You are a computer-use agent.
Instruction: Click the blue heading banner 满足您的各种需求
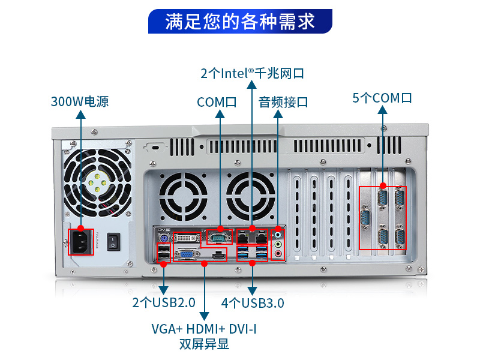240,21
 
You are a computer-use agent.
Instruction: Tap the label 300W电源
80,101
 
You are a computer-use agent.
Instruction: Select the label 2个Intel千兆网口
252,73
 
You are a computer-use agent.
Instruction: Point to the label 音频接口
283,102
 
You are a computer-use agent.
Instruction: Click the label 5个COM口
382,98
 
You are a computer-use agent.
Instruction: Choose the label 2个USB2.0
164,302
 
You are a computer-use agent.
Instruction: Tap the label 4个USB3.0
253,303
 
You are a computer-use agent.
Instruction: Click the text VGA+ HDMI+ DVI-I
204,329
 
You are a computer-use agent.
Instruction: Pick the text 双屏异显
204,344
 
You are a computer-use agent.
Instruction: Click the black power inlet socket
80,242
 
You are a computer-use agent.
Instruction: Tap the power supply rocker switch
113,242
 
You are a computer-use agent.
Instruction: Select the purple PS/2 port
163,238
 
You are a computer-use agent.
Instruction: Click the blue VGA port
187,254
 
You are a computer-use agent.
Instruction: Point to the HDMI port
218,255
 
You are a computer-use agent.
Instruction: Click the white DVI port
187,238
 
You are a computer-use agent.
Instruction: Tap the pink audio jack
278,253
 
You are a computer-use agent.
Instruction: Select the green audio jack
278,244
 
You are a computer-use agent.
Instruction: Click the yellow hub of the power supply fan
97,183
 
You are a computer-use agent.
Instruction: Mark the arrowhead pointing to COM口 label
220,114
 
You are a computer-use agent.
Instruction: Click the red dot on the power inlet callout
81,228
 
